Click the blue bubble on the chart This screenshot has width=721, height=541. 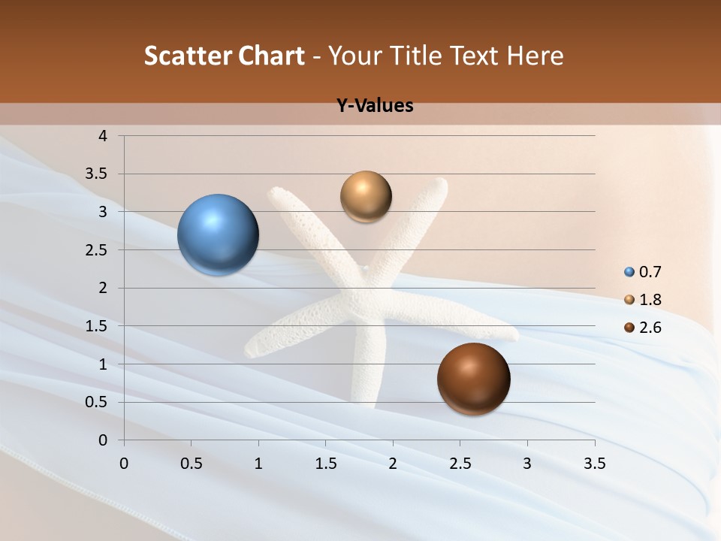pyautogui.click(x=219, y=235)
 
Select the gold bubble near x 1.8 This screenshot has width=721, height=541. pyautogui.click(x=366, y=197)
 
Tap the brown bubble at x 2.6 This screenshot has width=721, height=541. pyautogui.click(x=473, y=379)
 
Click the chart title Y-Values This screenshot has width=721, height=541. pyautogui.click(x=375, y=106)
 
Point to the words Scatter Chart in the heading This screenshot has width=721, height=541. pyautogui.click(x=224, y=56)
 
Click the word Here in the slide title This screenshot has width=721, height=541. pyautogui.click(x=534, y=56)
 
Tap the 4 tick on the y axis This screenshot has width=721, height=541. pyautogui.click(x=104, y=136)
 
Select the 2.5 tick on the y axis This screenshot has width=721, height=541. pyautogui.click(x=96, y=250)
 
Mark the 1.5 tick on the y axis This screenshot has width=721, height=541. pyautogui.click(x=96, y=326)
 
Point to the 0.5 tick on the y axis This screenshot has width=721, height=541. pyautogui.click(x=96, y=402)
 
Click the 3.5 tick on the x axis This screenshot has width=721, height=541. pyautogui.click(x=595, y=464)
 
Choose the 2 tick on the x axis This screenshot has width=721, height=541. pyautogui.click(x=393, y=464)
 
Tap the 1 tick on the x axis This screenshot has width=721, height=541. pyautogui.click(x=258, y=464)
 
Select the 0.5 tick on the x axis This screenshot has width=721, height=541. pyautogui.click(x=191, y=464)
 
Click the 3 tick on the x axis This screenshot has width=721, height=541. pyautogui.click(x=527, y=464)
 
